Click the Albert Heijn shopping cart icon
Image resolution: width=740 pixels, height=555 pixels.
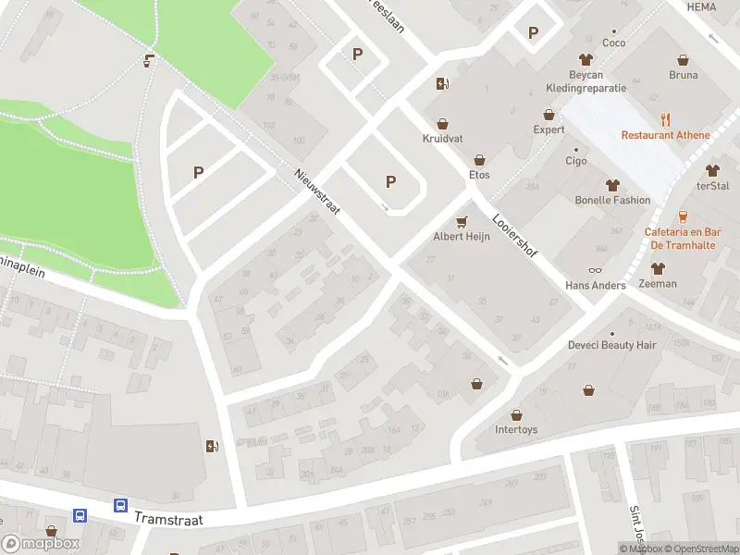click(461, 221)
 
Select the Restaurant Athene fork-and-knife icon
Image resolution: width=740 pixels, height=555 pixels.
click(665, 119)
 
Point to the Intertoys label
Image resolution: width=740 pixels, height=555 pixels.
click(515, 430)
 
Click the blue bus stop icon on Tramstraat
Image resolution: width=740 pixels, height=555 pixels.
click(121, 505)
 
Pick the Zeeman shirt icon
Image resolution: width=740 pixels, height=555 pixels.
click(658, 268)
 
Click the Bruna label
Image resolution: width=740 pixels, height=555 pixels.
click(683, 75)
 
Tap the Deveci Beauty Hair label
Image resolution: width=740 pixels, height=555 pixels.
click(611, 345)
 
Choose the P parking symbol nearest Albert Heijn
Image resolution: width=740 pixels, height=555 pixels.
click(389, 182)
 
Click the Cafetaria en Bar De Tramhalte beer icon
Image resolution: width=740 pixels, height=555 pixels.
click(683, 216)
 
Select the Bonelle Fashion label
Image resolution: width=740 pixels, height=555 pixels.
click(611, 200)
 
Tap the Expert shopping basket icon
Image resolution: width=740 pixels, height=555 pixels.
click(549, 115)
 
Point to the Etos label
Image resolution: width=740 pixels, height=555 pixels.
click(479, 175)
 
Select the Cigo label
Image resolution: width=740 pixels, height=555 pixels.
click(576, 161)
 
